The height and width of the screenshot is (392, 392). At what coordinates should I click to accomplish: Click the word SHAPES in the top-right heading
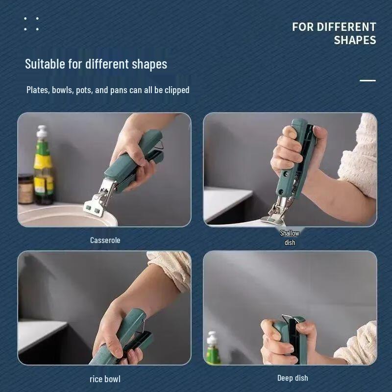[355, 40]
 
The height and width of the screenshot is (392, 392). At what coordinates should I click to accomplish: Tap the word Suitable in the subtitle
[45, 64]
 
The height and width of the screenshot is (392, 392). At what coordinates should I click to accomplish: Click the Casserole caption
[105, 240]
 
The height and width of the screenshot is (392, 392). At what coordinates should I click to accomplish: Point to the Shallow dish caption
[290, 238]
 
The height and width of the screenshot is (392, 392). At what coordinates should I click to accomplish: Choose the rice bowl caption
[105, 379]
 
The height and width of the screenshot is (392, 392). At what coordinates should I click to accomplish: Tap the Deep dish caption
[293, 378]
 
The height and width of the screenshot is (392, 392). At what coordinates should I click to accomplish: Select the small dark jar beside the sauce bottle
[25, 189]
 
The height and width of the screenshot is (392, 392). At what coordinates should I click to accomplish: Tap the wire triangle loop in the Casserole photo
[159, 145]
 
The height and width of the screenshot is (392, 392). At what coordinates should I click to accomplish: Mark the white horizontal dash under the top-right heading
[367, 80]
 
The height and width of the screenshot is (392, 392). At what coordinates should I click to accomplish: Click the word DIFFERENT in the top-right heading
[346, 27]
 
